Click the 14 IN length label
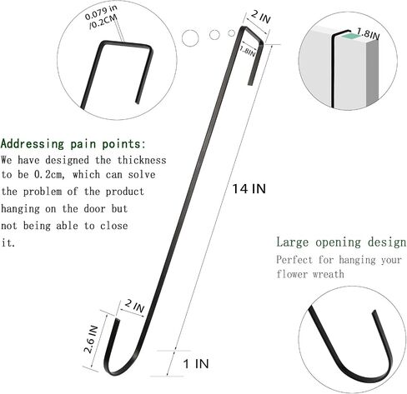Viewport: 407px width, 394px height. click(x=249, y=189)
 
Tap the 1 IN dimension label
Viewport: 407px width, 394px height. click(x=196, y=364)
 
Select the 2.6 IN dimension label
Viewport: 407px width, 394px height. click(x=91, y=339)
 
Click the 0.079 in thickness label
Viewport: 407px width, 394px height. click(x=101, y=12)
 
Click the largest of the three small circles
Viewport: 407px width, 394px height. click(x=190, y=37)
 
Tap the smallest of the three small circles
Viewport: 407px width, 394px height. click(x=231, y=33)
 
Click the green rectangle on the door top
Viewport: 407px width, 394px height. click(x=350, y=36)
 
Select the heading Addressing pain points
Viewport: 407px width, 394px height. click(x=73, y=144)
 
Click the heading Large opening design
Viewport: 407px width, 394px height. click(x=341, y=242)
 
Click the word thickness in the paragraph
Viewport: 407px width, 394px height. click(x=142, y=160)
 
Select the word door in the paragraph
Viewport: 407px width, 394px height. click(x=94, y=208)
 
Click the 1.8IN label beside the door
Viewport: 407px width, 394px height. click(x=368, y=33)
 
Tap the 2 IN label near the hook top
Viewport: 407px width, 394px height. click(x=260, y=17)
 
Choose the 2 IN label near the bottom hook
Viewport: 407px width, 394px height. click(x=134, y=306)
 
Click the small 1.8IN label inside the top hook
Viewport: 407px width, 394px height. click(x=247, y=52)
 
